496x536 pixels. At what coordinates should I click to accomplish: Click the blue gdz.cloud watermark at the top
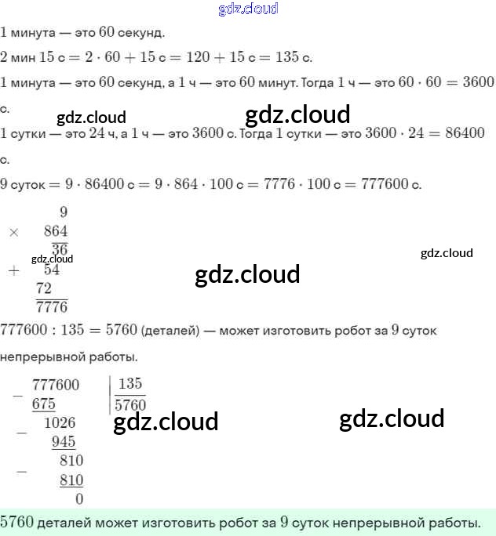[248, 9]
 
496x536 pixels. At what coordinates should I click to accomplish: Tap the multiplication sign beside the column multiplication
[13, 232]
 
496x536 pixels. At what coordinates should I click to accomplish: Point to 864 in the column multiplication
[56, 231]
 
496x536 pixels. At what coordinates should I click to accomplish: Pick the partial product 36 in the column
[60, 250]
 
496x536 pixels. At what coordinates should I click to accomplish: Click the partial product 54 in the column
[52, 270]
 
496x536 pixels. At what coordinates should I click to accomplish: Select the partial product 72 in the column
[44, 288]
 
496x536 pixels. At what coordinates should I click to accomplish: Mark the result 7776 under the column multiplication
[52, 306]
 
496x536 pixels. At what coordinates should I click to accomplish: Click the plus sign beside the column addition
[13, 270]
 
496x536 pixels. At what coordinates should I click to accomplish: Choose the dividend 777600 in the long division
[56, 385]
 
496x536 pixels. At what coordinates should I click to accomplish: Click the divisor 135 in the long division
[130, 384]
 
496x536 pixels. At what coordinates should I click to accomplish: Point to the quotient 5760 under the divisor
[130, 405]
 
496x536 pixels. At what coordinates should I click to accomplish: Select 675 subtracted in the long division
[44, 404]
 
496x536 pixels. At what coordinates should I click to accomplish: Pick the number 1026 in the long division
[60, 423]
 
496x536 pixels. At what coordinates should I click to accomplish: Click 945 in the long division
[64, 442]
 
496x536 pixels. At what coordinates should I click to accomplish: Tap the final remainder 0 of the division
[79, 498]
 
